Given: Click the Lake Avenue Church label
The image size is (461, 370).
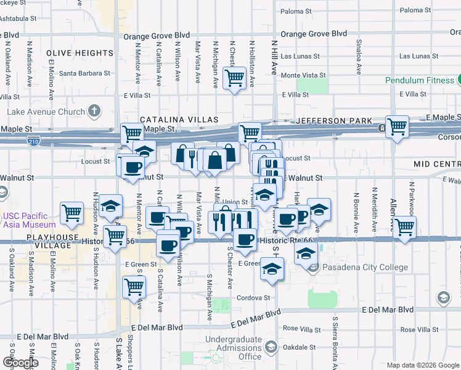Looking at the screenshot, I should [46, 112].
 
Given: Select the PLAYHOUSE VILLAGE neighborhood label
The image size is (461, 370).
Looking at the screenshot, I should [30, 241].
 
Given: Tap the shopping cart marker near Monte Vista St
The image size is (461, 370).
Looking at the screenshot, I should [234, 78].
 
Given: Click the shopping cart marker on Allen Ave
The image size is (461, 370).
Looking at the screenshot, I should [404, 226].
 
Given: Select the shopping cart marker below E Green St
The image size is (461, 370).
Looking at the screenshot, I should [134, 286].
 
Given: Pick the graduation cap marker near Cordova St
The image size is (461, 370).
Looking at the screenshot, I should [271, 269].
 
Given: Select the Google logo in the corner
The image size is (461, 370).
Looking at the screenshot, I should [20, 363].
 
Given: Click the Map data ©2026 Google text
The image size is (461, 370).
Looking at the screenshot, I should [422, 365].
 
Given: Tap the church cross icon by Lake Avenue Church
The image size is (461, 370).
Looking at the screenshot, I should [93, 111].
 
